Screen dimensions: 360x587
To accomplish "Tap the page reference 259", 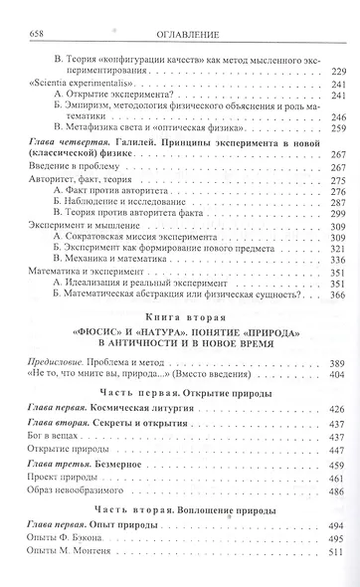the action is [336, 128].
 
